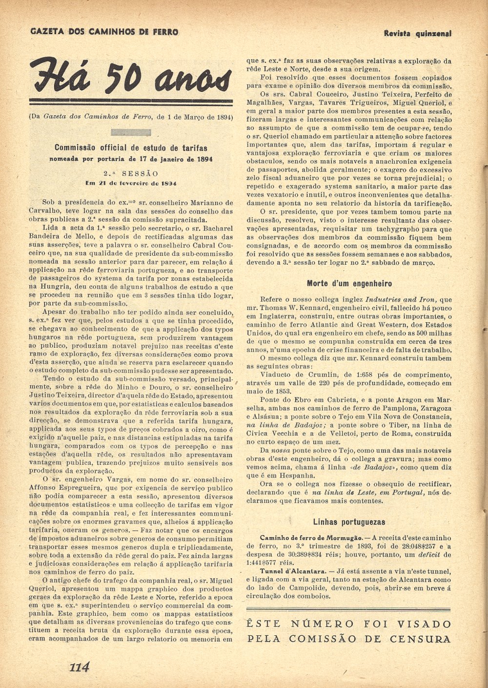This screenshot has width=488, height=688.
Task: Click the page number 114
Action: coord(80,667)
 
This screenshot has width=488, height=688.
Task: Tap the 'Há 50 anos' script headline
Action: coord(131,78)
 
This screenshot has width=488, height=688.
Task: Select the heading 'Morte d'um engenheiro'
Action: coord(349,283)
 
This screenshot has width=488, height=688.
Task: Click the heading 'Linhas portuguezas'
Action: coord(349,522)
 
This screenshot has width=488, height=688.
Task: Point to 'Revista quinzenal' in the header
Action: coord(417,34)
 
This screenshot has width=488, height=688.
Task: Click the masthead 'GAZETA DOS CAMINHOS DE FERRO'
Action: coord(104,32)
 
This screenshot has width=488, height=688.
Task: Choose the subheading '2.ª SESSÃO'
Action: coord(131,173)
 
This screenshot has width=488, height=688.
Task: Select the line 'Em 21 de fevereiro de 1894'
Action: coord(131,184)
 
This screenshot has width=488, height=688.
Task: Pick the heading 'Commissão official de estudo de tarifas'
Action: coord(131,148)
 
